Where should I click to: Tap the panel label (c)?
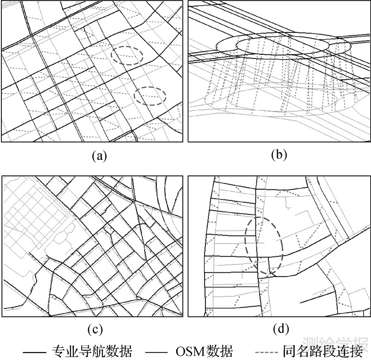[94, 330]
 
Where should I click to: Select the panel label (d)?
[280, 330]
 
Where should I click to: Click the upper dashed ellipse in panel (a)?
[127, 55]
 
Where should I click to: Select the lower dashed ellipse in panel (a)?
[150, 96]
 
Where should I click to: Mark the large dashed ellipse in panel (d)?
[264, 244]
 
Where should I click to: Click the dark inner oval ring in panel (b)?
[282, 45]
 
